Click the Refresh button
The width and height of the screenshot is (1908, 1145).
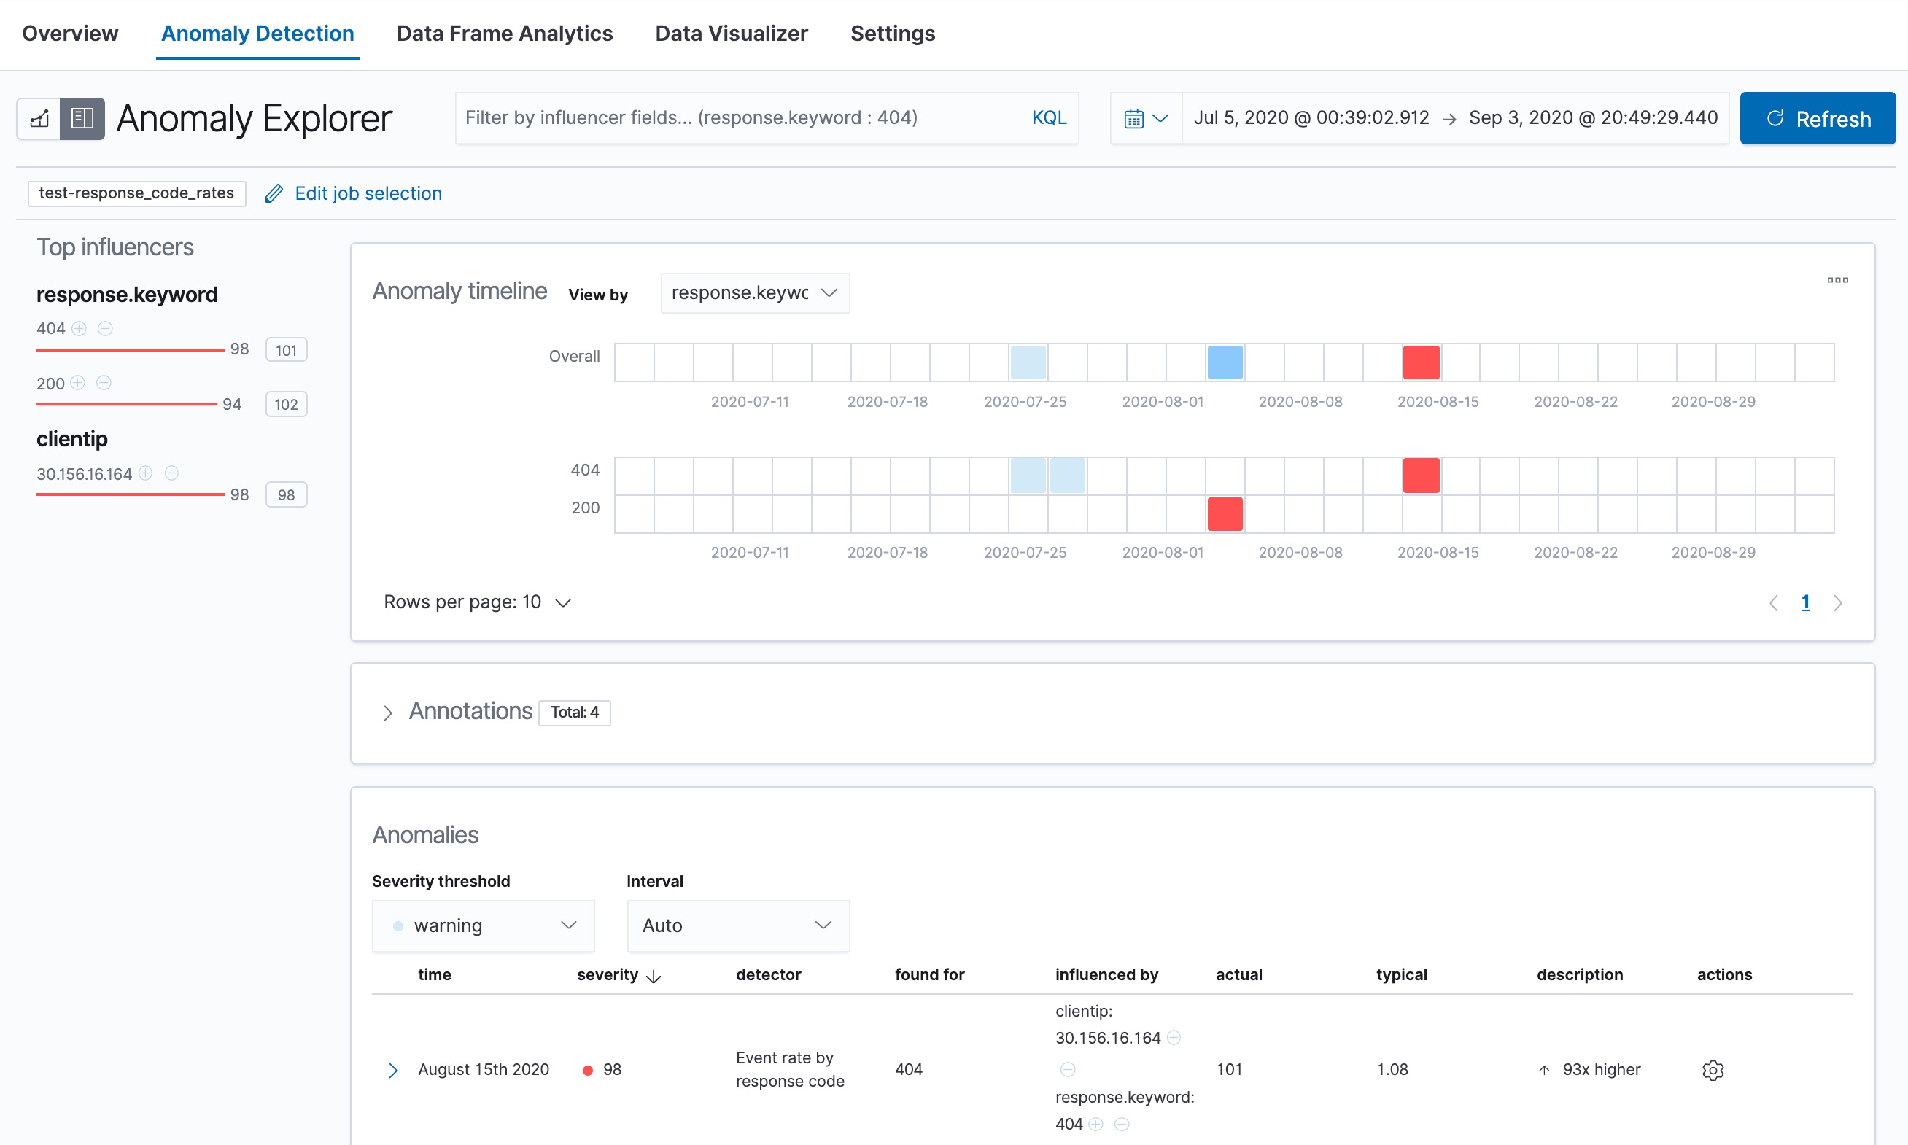click(x=1817, y=119)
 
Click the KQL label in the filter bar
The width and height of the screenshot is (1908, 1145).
click(x=1049, y=118)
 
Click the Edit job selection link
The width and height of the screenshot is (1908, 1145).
click(x=368, y=194)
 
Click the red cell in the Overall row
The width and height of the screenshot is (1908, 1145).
click(x=1420, y=362)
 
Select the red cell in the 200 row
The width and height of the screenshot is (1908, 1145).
click(x=1225, y=514)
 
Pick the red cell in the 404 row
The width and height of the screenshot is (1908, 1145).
click(x=1420, y=476)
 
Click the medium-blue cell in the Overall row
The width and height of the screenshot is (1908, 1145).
click(x=1225, y=362)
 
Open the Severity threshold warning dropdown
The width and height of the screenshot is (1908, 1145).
click(x=483, y=925)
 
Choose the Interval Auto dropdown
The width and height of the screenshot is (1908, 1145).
click(x=737, y=925)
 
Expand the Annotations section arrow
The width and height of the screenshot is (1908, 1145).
click(x=388, y=712)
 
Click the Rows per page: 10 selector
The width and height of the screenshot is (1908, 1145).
click(x=476, y=602)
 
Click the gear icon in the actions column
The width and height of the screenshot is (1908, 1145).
click(x=1712, y=1070)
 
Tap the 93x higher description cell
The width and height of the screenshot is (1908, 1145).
click(x=1600, y=1069)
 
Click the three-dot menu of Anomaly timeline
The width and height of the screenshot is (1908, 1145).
click(x=1837, y=280)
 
